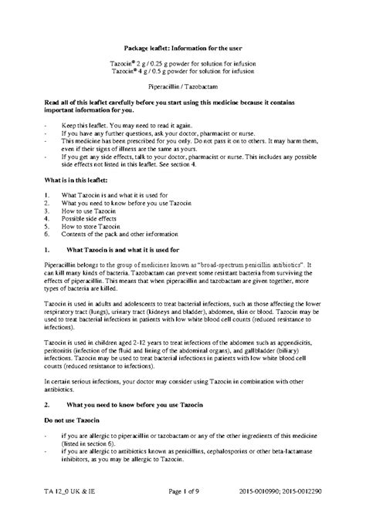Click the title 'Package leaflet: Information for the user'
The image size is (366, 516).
coord(183,49)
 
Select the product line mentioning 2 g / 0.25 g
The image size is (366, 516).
coord(183,65)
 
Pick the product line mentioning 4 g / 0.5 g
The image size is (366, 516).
coord(183,73)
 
